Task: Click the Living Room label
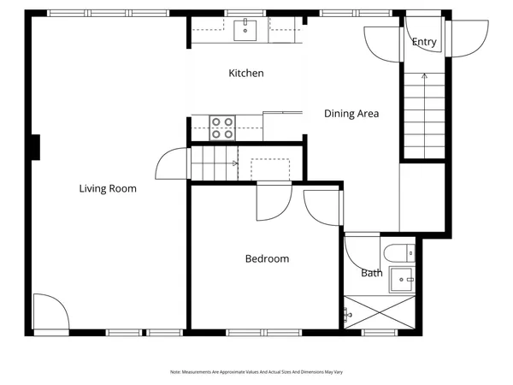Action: [108, 189]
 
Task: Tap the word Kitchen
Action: [245, 74]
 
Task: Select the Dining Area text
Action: [351, 113]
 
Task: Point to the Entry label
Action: [424, 42]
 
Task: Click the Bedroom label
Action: [267, 259]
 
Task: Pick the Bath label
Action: [372, 274]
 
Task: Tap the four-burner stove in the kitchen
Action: [222, 127]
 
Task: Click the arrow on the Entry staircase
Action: [424, 78]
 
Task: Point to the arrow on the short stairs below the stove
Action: [234, 163]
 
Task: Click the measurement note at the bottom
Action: [256, 371]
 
